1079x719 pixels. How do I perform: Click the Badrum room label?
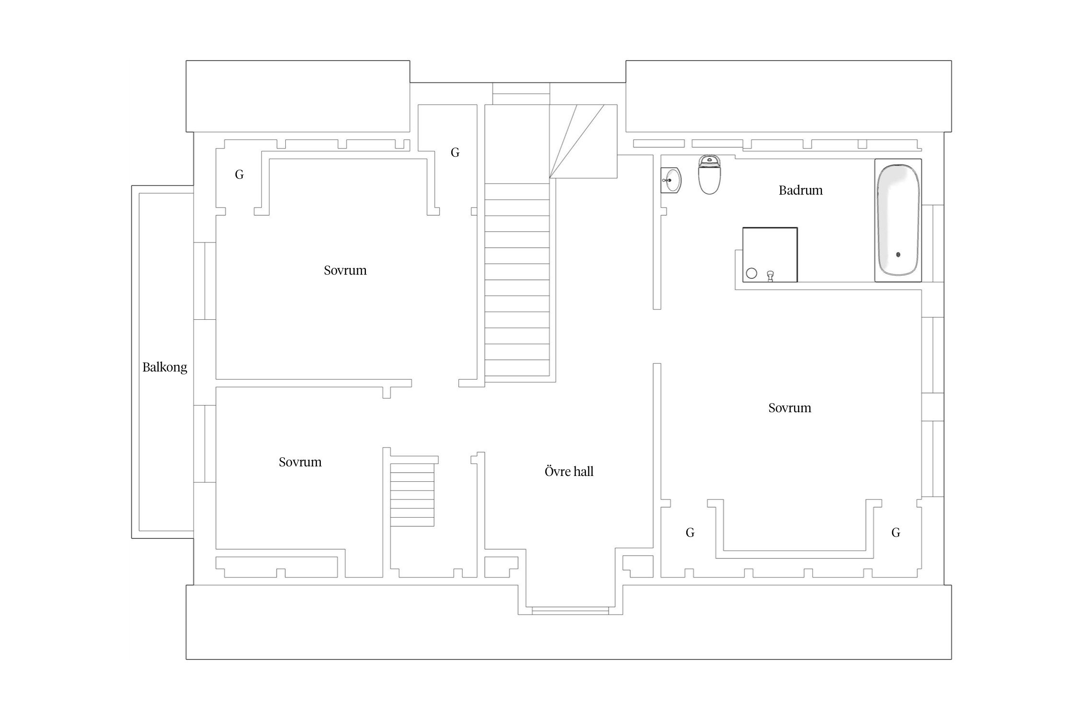coord(800,190)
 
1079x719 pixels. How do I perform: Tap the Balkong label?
coord(164,368)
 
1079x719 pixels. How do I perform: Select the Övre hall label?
coord(569,472)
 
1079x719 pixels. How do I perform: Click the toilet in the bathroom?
coord(709,174)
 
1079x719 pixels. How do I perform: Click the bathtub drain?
coord(898,255)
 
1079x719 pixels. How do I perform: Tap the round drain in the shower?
coord(751,273)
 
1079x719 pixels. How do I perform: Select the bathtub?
coord(898,220)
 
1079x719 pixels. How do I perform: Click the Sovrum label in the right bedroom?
coord(789,408)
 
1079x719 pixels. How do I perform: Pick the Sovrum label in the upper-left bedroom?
coord(345,270)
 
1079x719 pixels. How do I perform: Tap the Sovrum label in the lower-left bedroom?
coord(300,462)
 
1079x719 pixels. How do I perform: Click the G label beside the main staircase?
coord(455,152)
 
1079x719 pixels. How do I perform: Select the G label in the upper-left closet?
coord(239,174)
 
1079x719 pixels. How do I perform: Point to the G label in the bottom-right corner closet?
coord(896,533)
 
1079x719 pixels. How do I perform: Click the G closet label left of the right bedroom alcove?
coord(690,533)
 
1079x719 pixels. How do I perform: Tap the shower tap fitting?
coord(771,276)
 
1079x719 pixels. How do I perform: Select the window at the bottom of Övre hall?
coord(570,611)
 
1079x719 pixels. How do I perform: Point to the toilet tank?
coord(709,161)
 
